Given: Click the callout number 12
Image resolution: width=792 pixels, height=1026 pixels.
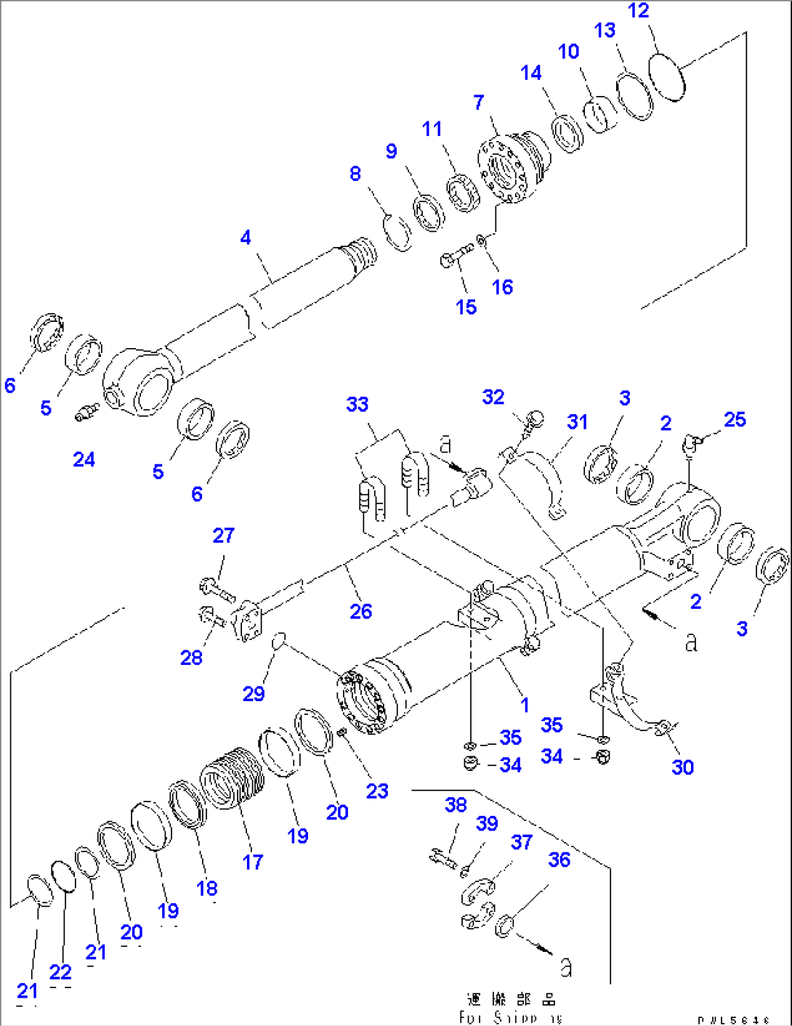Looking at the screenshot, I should pyautogui.click(x=639, y=11).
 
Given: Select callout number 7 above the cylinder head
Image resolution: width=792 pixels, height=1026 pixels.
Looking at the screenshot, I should pyautogui.click(x=478, y=102).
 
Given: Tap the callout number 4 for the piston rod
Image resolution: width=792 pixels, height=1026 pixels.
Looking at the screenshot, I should pyautogui.click(x=246, y=238).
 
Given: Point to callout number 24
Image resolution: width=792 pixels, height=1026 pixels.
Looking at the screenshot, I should pyautogui.click(x=84, y=459).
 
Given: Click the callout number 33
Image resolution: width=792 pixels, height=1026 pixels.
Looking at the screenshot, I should pyautogui.click(x=357, y=404).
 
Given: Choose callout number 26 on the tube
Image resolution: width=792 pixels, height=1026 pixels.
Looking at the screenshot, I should pyautogui.click(x=360, y=611).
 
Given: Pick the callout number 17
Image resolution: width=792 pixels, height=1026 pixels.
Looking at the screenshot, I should pyautogui.click(x=252, y=862).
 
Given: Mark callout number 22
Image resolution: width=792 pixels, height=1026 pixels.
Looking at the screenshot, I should pyautogui.click(x=60, y=972).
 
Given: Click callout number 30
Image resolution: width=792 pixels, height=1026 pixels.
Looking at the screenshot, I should pyautogui.click(x=682, y=767).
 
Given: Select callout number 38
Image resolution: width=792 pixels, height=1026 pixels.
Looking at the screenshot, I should pyautogui.click(x=456, y=805).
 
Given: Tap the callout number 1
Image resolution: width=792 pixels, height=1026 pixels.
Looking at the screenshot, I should pyautogui.click(x=525, y=704).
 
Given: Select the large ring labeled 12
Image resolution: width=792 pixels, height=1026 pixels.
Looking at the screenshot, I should pyautogui.click(x=667, y=77).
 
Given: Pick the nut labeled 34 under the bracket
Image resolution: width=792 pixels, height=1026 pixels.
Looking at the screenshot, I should pyautogui.click(x=471, y=764).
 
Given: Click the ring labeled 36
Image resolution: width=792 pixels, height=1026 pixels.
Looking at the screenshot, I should pyautogui.click(x=504, y=927).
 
